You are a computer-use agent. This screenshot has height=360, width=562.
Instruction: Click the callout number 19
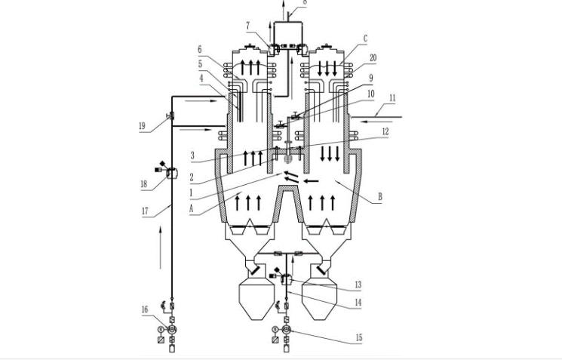pos(142,126)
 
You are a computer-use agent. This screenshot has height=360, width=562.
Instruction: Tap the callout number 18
pos(144,184)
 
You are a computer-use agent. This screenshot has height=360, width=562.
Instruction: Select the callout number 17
pos(145,211)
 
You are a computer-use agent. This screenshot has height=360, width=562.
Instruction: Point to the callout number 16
pos(145,309)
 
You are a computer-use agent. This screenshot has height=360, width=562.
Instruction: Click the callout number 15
pos(359,337)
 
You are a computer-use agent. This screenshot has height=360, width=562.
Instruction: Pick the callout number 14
pos(358,303)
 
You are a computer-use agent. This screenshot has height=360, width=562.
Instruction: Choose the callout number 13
pos(358,285)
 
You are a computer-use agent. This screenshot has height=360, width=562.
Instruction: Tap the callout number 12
pos(385,131)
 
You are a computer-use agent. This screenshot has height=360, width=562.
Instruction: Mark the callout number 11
pos(392,98)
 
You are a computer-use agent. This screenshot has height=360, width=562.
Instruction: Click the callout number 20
pos(373,57)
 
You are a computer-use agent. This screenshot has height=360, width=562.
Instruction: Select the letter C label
pos(365,38)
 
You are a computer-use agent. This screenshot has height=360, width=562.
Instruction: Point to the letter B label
pos(380,196)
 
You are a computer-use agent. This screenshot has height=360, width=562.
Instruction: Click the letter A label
pos(192,208)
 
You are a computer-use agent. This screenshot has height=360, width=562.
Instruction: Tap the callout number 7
pos(248,26)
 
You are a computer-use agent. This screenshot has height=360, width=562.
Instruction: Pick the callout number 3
pos(192,155)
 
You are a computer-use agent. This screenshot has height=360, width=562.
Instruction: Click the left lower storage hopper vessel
pos(256,298)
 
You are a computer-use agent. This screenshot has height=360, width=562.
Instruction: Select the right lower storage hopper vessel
pos(320,298)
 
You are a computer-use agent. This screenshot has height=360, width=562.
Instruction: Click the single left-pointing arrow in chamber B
pos(311,181)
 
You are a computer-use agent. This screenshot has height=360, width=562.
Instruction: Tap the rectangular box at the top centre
pos(287,35)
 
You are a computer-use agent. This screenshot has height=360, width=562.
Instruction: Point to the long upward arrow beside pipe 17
pos(160,247)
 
